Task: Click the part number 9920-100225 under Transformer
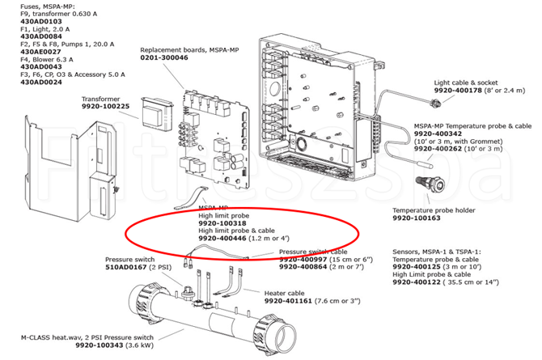[106, 107]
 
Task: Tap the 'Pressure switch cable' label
[315, 252]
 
